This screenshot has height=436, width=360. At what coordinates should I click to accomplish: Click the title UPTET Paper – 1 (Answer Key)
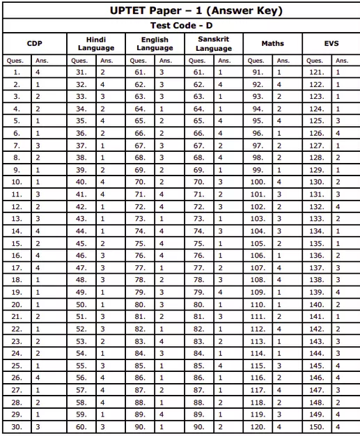[180, 10]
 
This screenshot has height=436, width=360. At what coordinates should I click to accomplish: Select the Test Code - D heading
[180, 26]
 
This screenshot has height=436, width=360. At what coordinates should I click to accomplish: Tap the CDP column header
[35, 43]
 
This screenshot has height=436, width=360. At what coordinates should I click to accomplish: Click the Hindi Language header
[96, 43]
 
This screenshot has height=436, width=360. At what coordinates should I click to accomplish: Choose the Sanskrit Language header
[214, 43]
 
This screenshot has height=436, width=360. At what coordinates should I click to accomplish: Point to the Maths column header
[272, 43]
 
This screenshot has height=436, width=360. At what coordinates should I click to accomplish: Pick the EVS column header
[331, 43]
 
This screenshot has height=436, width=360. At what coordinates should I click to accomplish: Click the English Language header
[155, 43]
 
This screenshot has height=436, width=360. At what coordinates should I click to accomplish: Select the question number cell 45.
[81, 243]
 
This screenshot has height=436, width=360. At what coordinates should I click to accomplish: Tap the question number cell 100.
[257, 181]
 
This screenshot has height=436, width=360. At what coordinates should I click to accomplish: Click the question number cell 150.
[316, 426]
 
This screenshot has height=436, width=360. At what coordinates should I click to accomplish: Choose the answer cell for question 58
[102, 402]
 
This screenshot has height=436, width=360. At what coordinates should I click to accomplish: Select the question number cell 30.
[16, 426]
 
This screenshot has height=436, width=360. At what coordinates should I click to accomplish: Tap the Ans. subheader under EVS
[341, 61]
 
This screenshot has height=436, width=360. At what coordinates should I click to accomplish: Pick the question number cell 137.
[316, 267]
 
